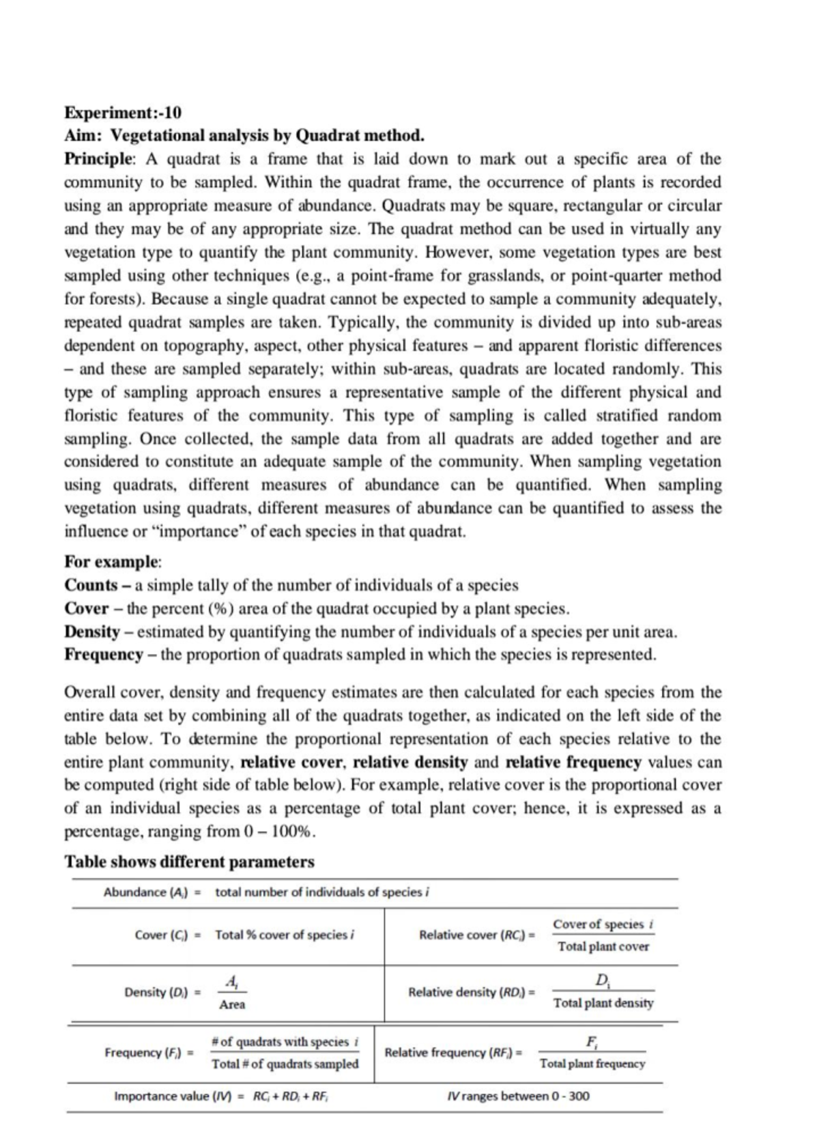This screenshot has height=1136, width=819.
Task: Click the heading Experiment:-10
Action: click(x=123, y=112)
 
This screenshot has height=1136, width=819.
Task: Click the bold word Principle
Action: click(x=100, y=159)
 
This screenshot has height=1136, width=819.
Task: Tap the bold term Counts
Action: click(x=91, y=585)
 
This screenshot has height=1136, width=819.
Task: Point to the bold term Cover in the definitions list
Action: click(x=87, y=608)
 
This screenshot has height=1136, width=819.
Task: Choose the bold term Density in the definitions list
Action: click(x=92, y=631)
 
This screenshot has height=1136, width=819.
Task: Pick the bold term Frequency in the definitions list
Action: click(x=104, y=655)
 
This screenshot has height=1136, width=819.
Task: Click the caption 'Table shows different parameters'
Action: click(x=189, y=862)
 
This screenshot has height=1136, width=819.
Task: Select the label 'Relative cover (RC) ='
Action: click(x=476, y=935)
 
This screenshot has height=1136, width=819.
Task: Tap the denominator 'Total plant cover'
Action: click(x=603, y=947)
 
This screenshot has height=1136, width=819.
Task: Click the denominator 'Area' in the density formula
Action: click(x=232, y=1005)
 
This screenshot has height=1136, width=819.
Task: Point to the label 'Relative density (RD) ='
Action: click(x=471, y=992)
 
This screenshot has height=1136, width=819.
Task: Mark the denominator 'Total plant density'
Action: click(x=603, y=1003)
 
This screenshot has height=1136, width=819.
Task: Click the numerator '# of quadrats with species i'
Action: click(x=285, y=1042)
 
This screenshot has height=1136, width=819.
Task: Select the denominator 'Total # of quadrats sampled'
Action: click(x=285, y=1064)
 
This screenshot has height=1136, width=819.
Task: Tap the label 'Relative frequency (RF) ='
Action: click(x=453, y=1052)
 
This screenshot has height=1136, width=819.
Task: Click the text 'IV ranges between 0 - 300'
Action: click(x=519, y=1096)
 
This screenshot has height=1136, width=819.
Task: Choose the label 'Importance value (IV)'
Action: click(x=173, y=1096)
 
